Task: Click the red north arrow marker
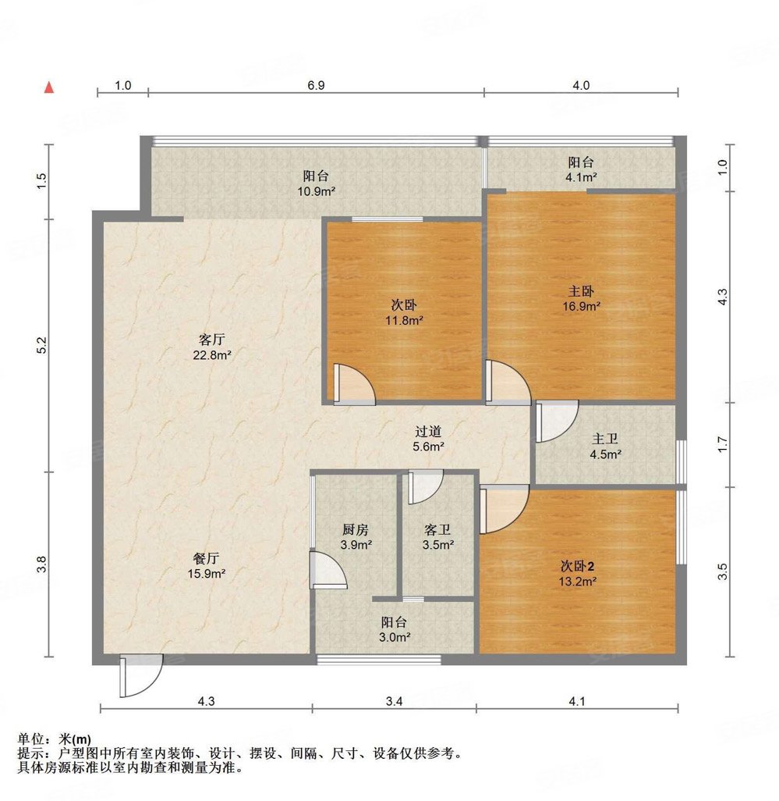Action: coord(49,87)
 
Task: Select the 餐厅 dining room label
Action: coord(206,558)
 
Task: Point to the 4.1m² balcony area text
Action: coord(581,177)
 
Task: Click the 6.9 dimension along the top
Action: coord(315,85)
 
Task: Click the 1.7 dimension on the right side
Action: coord(723,446)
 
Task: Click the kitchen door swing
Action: coord(328,568)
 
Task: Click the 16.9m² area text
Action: coord(582,307)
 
